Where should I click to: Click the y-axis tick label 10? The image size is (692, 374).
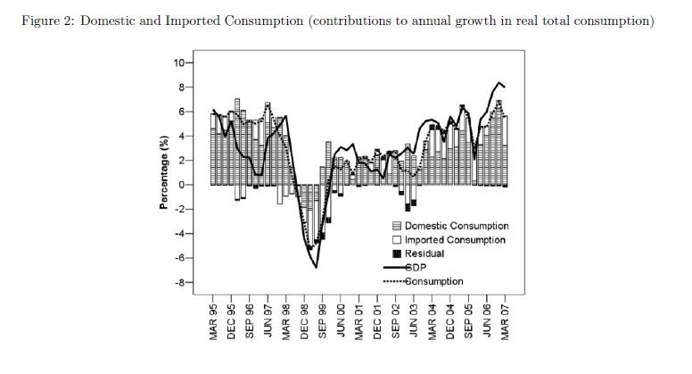point(177,63)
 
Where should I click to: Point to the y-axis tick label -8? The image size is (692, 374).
point(177,282)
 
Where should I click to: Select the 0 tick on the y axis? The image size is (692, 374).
point(179,185)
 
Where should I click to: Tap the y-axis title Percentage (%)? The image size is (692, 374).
point(164,172)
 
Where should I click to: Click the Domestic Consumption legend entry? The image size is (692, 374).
point(456,227)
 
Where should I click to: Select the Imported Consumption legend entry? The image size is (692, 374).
point(454,240)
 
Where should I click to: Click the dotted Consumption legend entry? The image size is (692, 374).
point(434,281)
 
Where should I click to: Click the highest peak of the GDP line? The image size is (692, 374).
point(499,82)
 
